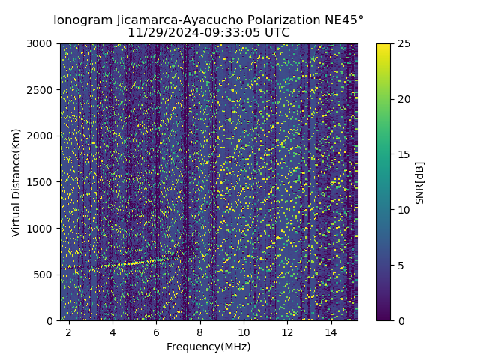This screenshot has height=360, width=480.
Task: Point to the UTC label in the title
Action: tap(276, 33)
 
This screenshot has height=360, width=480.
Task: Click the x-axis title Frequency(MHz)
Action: tap(208, 346)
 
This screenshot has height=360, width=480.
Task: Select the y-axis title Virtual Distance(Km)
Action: tap(16, 182)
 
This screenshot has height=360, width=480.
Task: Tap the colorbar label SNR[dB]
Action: tap(419, 182)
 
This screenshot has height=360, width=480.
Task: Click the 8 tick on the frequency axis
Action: tap(200, 331)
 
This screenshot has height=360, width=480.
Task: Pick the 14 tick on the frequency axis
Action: tap(331, 331)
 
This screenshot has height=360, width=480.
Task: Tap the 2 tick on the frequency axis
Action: tap(69, 331)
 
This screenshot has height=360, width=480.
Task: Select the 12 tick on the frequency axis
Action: tap(287, 331)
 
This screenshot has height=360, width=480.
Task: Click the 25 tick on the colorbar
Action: tap(403, 43)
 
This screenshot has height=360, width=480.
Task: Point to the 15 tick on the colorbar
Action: tap(403, 154)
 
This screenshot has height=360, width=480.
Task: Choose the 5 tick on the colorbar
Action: tap(400, 265)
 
